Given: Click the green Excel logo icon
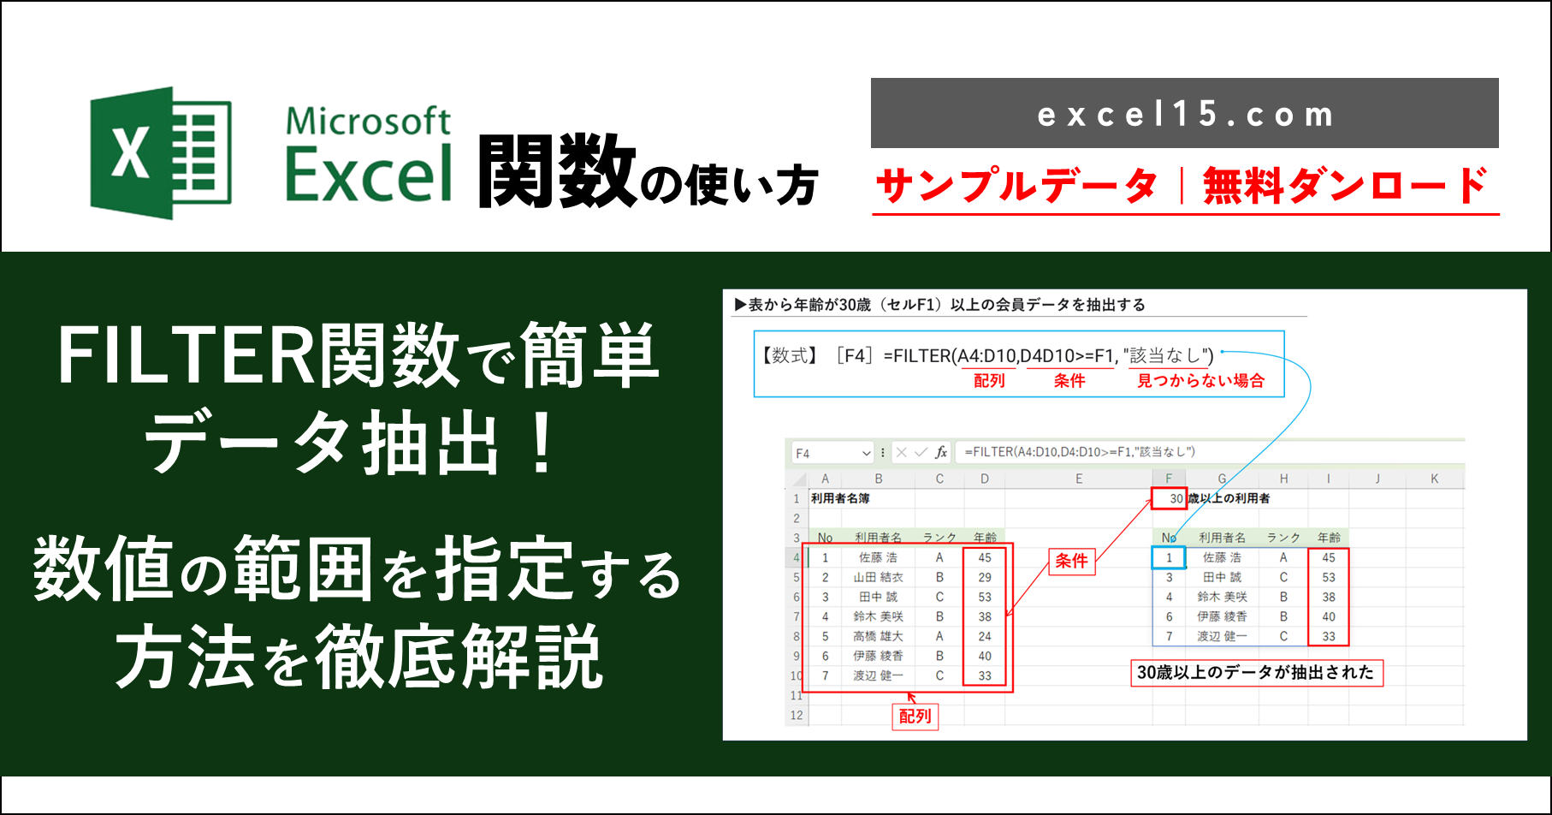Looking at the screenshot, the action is [161, 152].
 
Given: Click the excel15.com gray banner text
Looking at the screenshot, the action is [1185, 114].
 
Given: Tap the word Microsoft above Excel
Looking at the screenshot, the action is [368, 121].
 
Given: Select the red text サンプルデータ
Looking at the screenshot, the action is [1017, 186].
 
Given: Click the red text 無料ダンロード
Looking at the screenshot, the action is [1346, 186].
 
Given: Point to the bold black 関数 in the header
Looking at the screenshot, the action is [557, 172].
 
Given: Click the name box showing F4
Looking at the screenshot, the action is [832, 453].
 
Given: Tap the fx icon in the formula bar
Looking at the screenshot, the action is [941, 452].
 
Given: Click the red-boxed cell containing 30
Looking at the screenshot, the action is [1169, 498].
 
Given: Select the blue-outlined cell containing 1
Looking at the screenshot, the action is [1169, 557].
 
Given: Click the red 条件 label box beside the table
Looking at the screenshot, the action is [1071, 561].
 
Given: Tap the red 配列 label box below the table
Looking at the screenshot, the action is [915, 716].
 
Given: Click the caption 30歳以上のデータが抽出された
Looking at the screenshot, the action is [1255, 672].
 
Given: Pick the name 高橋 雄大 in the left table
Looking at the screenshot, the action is [878, 636].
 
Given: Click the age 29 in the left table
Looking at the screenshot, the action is [985, 577].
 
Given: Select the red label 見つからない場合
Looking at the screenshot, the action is [1200, 381].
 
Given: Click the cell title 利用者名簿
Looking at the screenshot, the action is [840, 498].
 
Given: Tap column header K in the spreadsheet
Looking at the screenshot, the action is [1434, 479].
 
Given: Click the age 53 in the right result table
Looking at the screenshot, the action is [1328, 577].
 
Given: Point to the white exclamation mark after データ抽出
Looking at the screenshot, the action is [542, 442].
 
